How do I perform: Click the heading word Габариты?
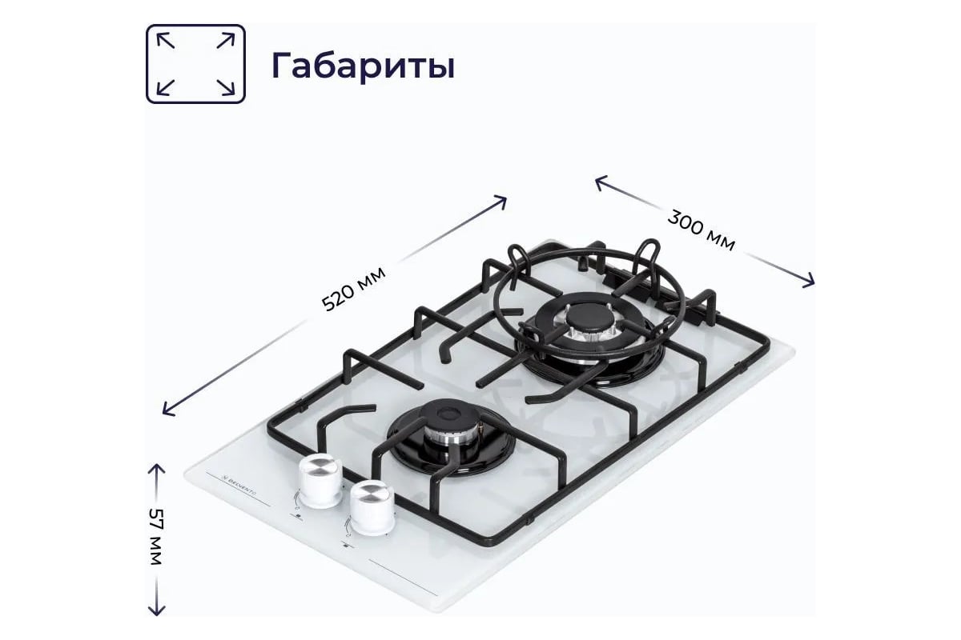(x=363, y=66)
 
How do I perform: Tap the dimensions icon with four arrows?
(x=195, y=64)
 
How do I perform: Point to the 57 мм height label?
(x=155, y=537)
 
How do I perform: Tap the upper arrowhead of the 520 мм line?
(x=503, y=198)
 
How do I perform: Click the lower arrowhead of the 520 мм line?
(x=167, y=411)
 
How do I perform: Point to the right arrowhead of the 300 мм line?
(x=810, y=281)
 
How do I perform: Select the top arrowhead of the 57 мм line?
(x=155, y=466)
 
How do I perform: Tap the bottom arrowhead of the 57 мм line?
(x=155, y=611)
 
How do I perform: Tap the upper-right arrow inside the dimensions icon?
(x=227, y=38)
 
